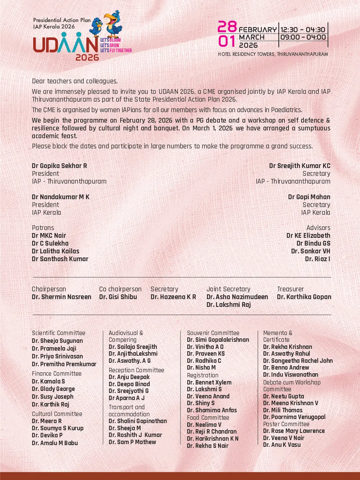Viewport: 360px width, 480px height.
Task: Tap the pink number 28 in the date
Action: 227,27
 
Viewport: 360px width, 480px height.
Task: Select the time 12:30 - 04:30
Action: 303,30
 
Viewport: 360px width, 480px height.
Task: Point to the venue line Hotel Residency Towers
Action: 273,54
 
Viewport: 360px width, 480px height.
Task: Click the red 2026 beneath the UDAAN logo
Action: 87,58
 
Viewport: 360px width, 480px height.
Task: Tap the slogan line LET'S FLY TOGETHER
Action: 116,50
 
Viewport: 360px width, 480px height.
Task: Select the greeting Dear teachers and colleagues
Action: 75,81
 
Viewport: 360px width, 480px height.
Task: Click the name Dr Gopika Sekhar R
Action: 59,166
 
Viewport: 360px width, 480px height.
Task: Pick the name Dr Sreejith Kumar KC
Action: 300,166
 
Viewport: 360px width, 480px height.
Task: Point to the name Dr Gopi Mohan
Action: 309,197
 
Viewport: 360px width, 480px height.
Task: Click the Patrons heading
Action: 43,228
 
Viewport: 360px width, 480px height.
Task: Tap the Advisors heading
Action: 318,228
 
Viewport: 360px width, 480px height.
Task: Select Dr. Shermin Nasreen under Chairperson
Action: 62,297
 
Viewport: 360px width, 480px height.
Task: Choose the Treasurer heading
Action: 290,289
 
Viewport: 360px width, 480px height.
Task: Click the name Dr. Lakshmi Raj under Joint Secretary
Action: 229,305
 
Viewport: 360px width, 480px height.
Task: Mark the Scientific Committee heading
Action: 59,333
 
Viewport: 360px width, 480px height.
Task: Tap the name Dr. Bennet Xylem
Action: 209,382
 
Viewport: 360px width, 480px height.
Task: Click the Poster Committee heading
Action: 286,424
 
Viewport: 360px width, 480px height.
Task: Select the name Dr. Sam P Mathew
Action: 132,442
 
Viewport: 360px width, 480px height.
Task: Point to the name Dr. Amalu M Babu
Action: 55,443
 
